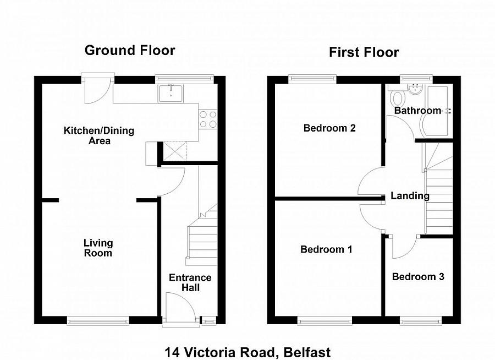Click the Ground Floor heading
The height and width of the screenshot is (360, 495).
130,51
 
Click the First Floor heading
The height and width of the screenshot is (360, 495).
364,52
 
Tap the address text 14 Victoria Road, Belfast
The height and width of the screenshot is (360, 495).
248,352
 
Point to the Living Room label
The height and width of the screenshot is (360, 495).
98,248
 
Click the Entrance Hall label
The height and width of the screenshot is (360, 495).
190,282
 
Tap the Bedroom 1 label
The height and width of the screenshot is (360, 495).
326,249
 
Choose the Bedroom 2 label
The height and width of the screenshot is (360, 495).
329,128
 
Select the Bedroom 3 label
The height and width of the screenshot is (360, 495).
418,276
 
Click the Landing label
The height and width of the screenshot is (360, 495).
410,195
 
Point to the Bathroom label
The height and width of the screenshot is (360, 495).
417,111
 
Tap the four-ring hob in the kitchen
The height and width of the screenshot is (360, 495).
208,119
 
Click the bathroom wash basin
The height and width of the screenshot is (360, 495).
415,89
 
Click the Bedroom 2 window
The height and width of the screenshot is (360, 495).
313,79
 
